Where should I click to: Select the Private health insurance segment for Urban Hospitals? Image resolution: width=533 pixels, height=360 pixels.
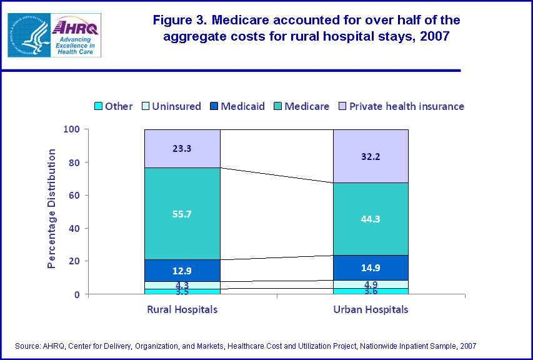[x=371, y=156]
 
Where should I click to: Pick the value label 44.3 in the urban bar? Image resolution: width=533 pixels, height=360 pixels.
[x=371, y=219]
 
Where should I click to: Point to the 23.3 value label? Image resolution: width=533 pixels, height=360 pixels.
[x=182, y=149]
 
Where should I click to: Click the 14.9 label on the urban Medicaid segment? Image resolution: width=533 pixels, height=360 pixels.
[x=371, y=268]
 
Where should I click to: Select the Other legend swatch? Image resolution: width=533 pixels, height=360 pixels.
[x=97, y=106]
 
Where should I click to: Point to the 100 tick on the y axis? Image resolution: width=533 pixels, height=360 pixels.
[x=72, y=129]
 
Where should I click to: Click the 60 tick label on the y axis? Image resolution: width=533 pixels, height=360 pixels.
[x=74, y=195]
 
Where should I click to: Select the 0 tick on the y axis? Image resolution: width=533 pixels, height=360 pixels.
[x=77, y=294]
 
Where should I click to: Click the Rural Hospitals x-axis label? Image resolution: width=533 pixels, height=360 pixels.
[x=182, y=309]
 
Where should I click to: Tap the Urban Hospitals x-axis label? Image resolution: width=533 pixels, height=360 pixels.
[x=371, y=309]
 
